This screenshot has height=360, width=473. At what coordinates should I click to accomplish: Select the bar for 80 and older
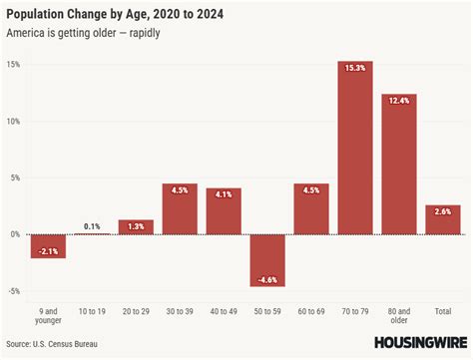pos(399,165)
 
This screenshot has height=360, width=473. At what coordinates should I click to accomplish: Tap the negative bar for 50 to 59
pos(267,260)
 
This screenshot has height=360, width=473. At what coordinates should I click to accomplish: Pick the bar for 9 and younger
pos(48,246)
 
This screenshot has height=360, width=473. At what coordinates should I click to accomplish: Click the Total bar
pos(443,220)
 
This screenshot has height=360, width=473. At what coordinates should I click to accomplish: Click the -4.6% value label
pos(267,279)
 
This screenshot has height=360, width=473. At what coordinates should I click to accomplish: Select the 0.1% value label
pos(92,225)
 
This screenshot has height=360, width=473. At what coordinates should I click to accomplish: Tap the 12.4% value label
pos(399,101)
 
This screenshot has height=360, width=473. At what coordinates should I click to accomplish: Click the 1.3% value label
pos(136,226)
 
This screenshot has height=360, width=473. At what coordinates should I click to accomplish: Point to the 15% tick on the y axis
pos(13,64)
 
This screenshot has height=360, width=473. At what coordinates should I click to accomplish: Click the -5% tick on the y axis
pos(12,291)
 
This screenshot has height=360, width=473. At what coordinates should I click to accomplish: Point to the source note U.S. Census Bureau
pos(60,344)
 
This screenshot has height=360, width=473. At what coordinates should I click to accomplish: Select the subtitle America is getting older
pos(84,34)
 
